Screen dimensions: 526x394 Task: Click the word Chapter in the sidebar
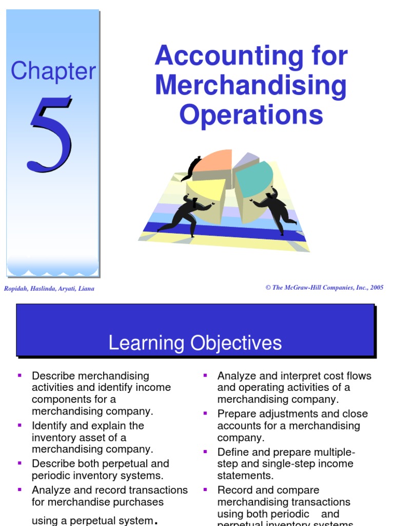click(53, 71)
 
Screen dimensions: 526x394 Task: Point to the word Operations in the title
click(251, 115)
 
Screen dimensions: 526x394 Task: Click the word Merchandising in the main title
click(251, 86)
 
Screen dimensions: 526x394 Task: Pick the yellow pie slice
click(205, 188)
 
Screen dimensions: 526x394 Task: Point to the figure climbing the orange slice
click(192, 168)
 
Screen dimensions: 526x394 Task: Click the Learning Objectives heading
click(195, 343)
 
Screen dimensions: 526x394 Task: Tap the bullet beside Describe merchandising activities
click(19, 375)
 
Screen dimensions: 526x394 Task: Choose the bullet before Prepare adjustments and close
click(205, 413)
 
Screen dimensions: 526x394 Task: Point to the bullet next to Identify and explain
click(19, 425)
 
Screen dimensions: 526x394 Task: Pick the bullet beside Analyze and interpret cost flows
click(205, 375)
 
